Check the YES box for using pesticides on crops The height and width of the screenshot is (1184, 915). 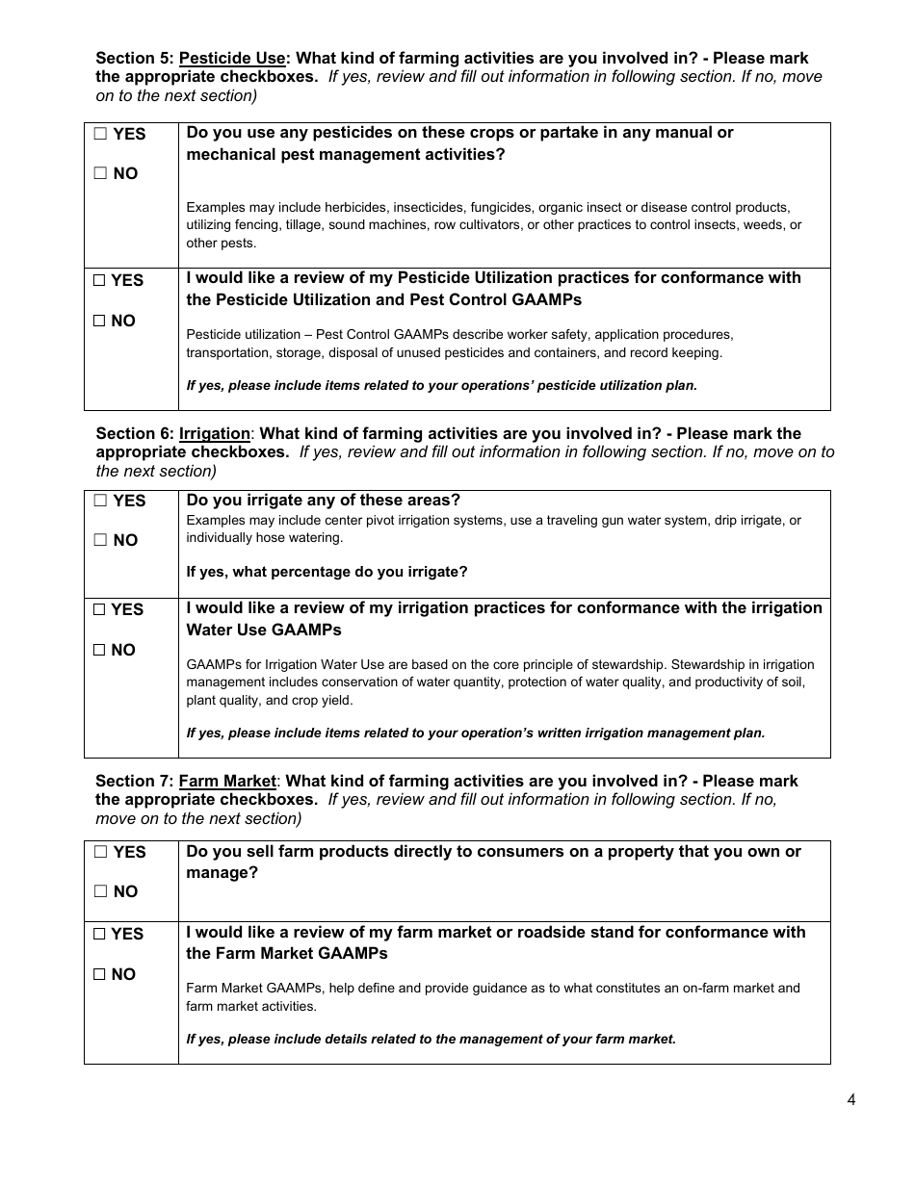point(100,135)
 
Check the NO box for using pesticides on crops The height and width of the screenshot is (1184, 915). point(100,174)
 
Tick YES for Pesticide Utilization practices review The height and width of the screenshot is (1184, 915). point(99,281)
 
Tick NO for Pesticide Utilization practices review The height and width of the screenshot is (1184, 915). point(99,322)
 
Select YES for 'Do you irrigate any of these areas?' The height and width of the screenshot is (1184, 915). point(100,502)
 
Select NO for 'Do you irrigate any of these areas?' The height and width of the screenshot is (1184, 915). point(100,541)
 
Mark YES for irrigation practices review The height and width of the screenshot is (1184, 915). point(99,610)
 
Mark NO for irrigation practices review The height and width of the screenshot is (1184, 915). point(99,651)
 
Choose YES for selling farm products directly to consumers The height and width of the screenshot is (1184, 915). point(100,853)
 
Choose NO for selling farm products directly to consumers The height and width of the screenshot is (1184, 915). point(100,892)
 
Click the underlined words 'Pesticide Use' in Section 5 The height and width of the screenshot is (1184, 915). point(232,58)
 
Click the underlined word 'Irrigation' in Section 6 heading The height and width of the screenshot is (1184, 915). point(214,434)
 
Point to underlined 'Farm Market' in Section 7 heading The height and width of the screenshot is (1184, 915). point(227,781)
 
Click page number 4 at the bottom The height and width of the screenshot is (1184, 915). point(850,1101)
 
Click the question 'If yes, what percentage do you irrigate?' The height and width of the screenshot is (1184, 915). point(327,572)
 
